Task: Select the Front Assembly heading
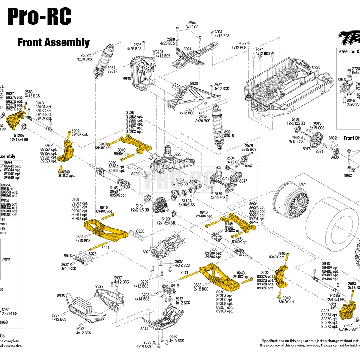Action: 53,42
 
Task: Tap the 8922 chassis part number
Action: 316,67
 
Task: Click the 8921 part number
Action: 187,49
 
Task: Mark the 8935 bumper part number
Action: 61,296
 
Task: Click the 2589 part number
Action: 171,39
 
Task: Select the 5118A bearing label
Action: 186,201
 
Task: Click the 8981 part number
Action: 319,152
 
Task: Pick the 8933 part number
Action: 99,287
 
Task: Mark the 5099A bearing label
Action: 348,325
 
